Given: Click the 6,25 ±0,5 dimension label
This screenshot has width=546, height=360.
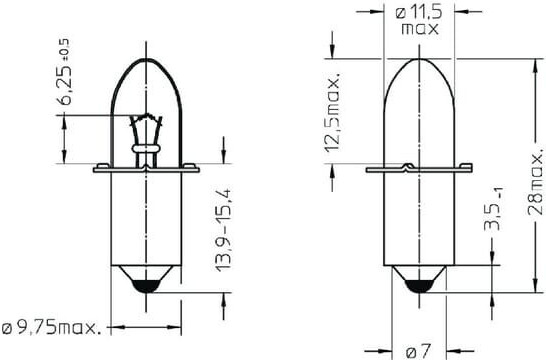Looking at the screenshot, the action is (64, 72).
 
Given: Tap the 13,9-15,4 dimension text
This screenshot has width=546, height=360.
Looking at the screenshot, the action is (223, 230).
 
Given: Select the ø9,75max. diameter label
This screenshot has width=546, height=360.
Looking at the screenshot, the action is (52, 327).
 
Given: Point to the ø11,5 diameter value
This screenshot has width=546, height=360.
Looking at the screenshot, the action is (419, 13).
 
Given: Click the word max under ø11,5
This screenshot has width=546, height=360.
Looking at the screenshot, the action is (420, 29).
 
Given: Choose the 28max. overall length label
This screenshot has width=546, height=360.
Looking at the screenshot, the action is (535, 180).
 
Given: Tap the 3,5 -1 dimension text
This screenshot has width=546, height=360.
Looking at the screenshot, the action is (494, 209).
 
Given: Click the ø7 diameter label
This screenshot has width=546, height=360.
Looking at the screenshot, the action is (419, 351).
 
